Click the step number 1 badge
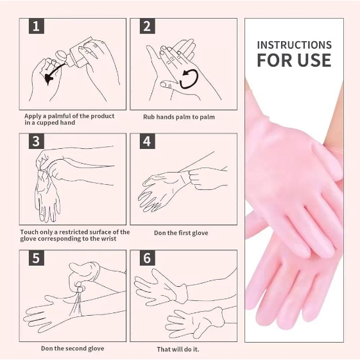pos(37,26)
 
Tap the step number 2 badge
pos(147,26)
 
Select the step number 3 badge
pos(37,141)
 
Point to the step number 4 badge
pos(147,141)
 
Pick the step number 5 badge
pos(37,258)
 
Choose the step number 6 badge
pos(147,258)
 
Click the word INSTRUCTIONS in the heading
pos(294,45)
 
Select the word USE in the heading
pos(314,60)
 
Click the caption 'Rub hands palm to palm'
pos(179,117)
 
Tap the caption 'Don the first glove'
pos(181,233)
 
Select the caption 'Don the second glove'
pos(73,348)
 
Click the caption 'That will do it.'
pos(178,349)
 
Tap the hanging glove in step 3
pos(47,195)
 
